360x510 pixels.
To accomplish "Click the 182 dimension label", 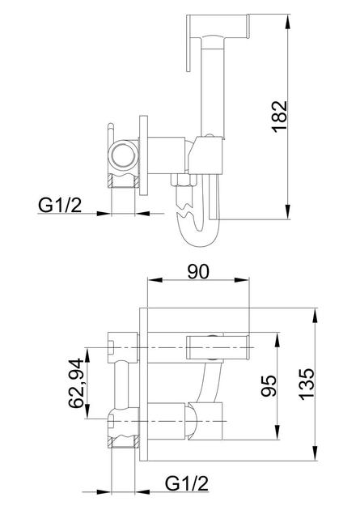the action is point(279,117).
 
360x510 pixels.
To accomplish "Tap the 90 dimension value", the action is point(198,271).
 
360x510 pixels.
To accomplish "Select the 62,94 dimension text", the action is point(75,383).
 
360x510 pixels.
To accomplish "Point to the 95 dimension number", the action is point(269,386).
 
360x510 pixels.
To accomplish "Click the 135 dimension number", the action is point(307,385).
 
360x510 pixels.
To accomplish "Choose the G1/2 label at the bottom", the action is point(187,483).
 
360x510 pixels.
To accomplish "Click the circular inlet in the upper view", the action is point(122,155).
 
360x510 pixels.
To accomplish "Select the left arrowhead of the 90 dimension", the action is point(155,280).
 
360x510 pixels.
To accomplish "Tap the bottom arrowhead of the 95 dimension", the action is point(277,432).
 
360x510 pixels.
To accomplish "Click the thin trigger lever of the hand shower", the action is point(188,43).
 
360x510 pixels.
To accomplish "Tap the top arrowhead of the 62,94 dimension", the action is point(87,355).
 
